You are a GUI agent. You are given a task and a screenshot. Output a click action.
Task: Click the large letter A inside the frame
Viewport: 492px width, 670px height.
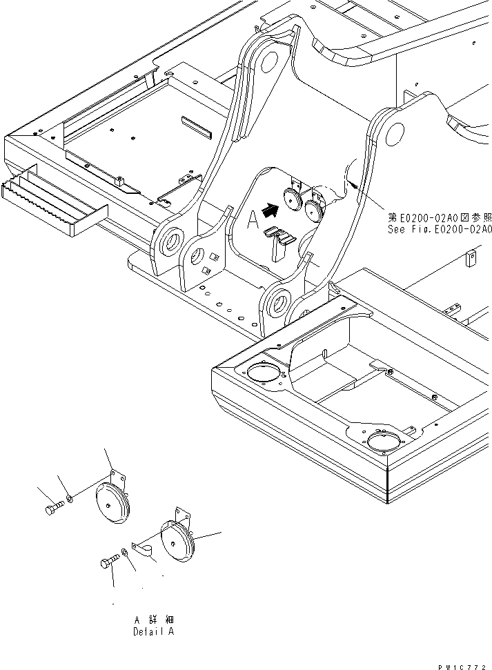pos(253,219)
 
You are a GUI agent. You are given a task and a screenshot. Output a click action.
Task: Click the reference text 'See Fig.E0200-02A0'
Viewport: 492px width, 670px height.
pos(440,230)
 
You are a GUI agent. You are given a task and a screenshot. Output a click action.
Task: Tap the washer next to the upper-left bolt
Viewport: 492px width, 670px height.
pos(71,498)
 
